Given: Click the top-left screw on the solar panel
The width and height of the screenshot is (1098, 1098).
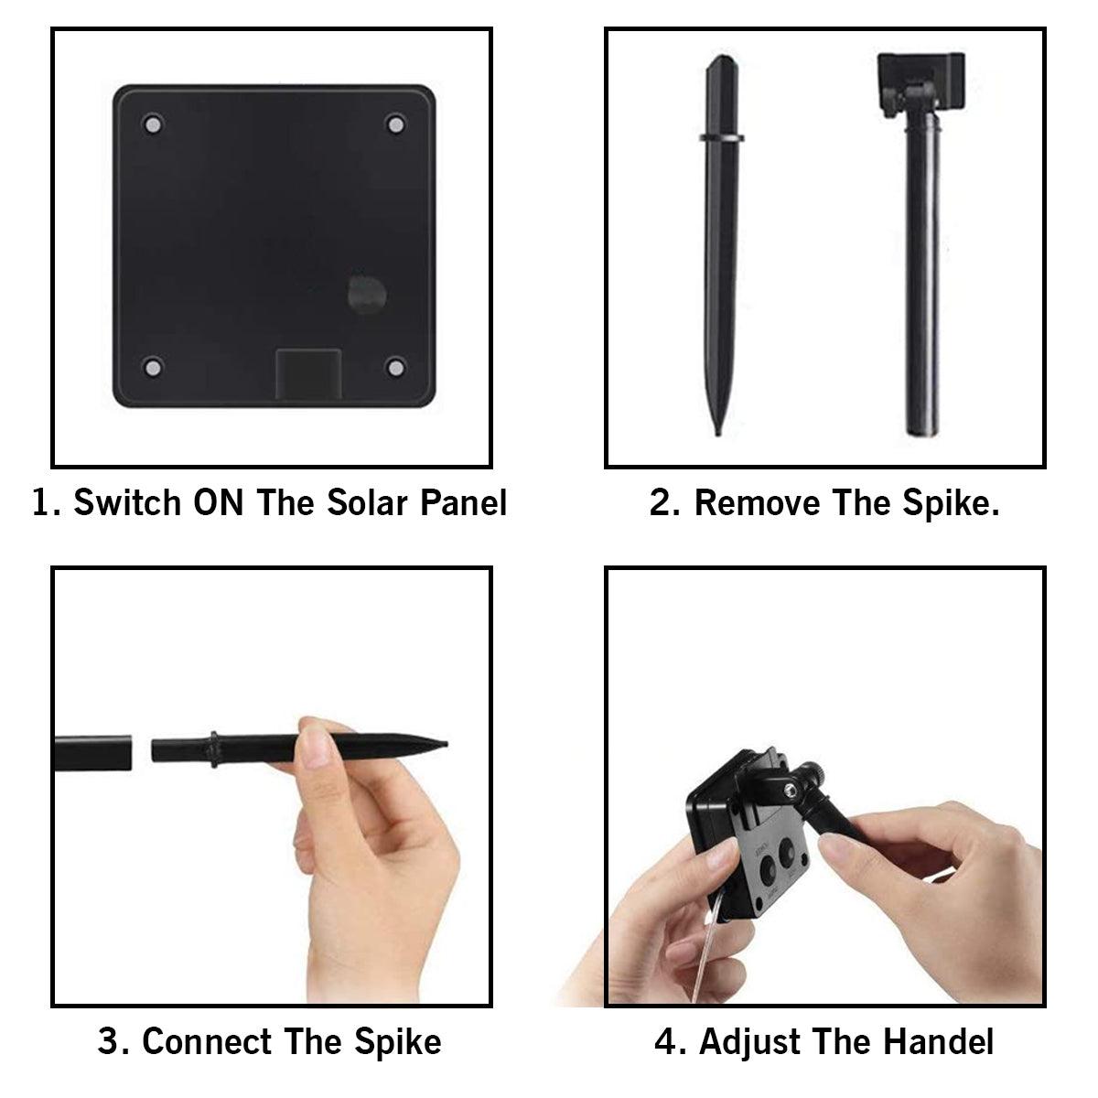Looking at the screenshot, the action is (152, 124).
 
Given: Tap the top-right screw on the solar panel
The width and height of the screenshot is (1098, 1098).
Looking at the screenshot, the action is (396, 124).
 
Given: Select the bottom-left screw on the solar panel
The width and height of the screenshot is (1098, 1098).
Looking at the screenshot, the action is (152, 368).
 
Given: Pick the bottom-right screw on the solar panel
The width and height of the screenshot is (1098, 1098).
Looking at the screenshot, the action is (396, 368).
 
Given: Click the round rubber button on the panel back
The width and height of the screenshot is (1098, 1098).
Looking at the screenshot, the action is (368, 294).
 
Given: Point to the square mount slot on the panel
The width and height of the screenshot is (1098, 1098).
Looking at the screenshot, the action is (308, 374).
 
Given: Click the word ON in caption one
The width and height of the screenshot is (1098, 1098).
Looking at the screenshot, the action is (219, 502).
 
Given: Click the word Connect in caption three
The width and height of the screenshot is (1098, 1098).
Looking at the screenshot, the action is (206, 1041).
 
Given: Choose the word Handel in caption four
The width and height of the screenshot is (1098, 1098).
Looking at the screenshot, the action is (939, 1041).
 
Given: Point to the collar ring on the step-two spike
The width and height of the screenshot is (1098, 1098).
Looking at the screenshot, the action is (721, 137).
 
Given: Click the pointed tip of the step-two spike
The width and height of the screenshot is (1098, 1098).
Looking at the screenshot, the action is (718, 435).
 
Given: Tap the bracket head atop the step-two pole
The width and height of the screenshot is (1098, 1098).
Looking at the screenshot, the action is (920, 83).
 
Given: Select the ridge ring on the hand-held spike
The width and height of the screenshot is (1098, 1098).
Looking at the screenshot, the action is (214, 750).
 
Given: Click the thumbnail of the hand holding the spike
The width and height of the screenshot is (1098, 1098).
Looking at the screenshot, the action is (315, 747).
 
